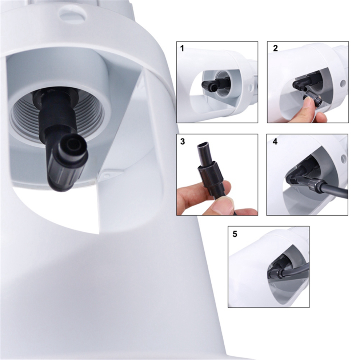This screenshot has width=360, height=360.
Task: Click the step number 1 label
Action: [182, 48]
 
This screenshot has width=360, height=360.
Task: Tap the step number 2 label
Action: [275, 48]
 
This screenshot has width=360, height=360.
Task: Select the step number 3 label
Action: [183, 141]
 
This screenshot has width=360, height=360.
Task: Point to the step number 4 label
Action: [275, 141]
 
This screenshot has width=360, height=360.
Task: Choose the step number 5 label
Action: [235, 234]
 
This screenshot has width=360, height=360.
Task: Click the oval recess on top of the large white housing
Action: [73, 14]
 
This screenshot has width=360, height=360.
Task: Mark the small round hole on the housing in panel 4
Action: [343, 159]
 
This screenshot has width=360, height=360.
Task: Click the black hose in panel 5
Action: [296, 270]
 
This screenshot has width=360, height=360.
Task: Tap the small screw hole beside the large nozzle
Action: [106, 175]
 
